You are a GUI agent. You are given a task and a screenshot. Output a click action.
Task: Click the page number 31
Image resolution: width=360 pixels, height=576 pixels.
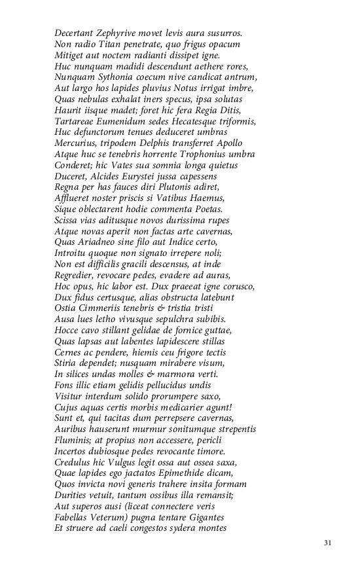328,543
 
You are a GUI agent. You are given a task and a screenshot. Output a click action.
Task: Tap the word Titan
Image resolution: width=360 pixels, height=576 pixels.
109,44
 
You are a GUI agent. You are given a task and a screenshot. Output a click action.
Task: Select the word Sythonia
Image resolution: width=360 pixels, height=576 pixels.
115,77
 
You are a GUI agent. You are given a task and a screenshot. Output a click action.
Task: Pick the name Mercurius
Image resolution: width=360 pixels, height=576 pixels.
76,143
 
